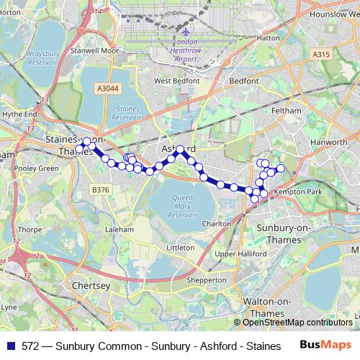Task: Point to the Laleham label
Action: (120, 229)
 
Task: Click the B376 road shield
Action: (100, 190)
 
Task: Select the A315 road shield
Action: (321, 53)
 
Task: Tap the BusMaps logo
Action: (326, 346)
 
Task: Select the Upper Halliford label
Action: (235, 253)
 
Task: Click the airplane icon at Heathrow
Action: (186, 32)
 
